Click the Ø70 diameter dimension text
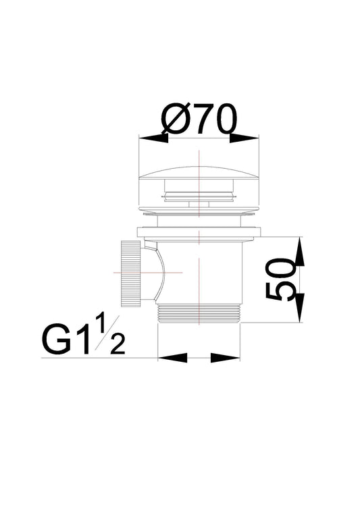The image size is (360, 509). click(199, 120)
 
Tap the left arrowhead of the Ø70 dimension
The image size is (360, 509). click(153, 137)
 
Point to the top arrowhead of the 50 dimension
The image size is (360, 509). click(299, 251)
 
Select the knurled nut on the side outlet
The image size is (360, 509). click(130, 272)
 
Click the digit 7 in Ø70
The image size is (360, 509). click(203, 120)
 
